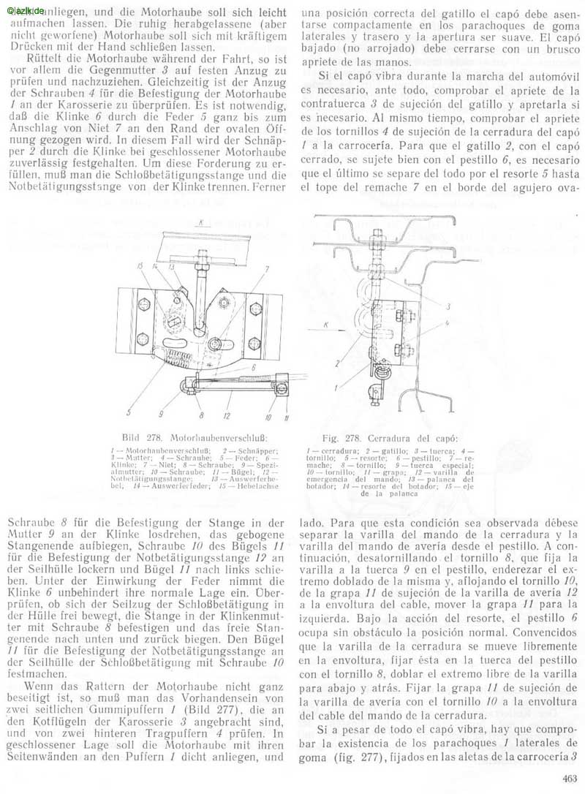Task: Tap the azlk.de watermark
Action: click(25, 10)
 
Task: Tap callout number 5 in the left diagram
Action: click(129, 401)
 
